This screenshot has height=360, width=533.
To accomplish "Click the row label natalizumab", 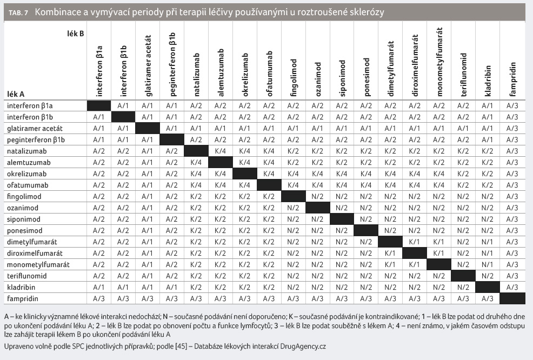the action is pyautogui.click(x=27, y=151).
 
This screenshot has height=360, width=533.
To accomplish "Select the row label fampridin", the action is pyautogui.click(x=23, y=298).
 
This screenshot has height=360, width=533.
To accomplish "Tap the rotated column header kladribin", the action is pyautogui.click(x=488, y=81).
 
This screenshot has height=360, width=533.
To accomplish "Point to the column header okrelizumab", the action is pyautogui.click(x=245, y=75).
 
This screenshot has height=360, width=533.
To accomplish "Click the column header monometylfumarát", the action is pyautogui.click(x=439, y=62).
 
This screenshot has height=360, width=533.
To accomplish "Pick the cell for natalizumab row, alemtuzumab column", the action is pyautogui.click(x=220, y=151).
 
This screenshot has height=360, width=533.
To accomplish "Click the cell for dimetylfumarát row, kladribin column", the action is pyautogui.click(x=488, y=242).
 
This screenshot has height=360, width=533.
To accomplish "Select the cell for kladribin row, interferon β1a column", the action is pyautogui.click(x=99, y=287).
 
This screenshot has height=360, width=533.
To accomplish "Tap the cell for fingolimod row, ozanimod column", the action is pyautogui.click(x=317, y=197).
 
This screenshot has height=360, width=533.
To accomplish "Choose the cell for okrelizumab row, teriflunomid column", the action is pyautogui.click(x=463, y=174).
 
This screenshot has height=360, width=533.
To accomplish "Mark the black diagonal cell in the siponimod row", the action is pyautogui.click(x=342, y=219).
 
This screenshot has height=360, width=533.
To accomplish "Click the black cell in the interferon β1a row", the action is pyautogui.click(x=99, y=106).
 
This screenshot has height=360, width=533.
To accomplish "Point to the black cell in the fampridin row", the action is pyautogui.click(x=512, y=298).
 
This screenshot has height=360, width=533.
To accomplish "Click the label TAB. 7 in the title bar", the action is pyautogui.click(x=18, y=13).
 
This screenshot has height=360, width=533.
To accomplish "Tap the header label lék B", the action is pyautogui.click(x=76, y=34).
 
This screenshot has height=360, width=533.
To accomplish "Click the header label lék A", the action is pyautogui.click(x=16, y=94).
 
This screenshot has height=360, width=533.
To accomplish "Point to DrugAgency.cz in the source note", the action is pyautogui.click(x=303, y=346).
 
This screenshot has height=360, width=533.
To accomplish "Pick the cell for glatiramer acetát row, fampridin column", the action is pyautogui.click(x=512, y=129).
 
